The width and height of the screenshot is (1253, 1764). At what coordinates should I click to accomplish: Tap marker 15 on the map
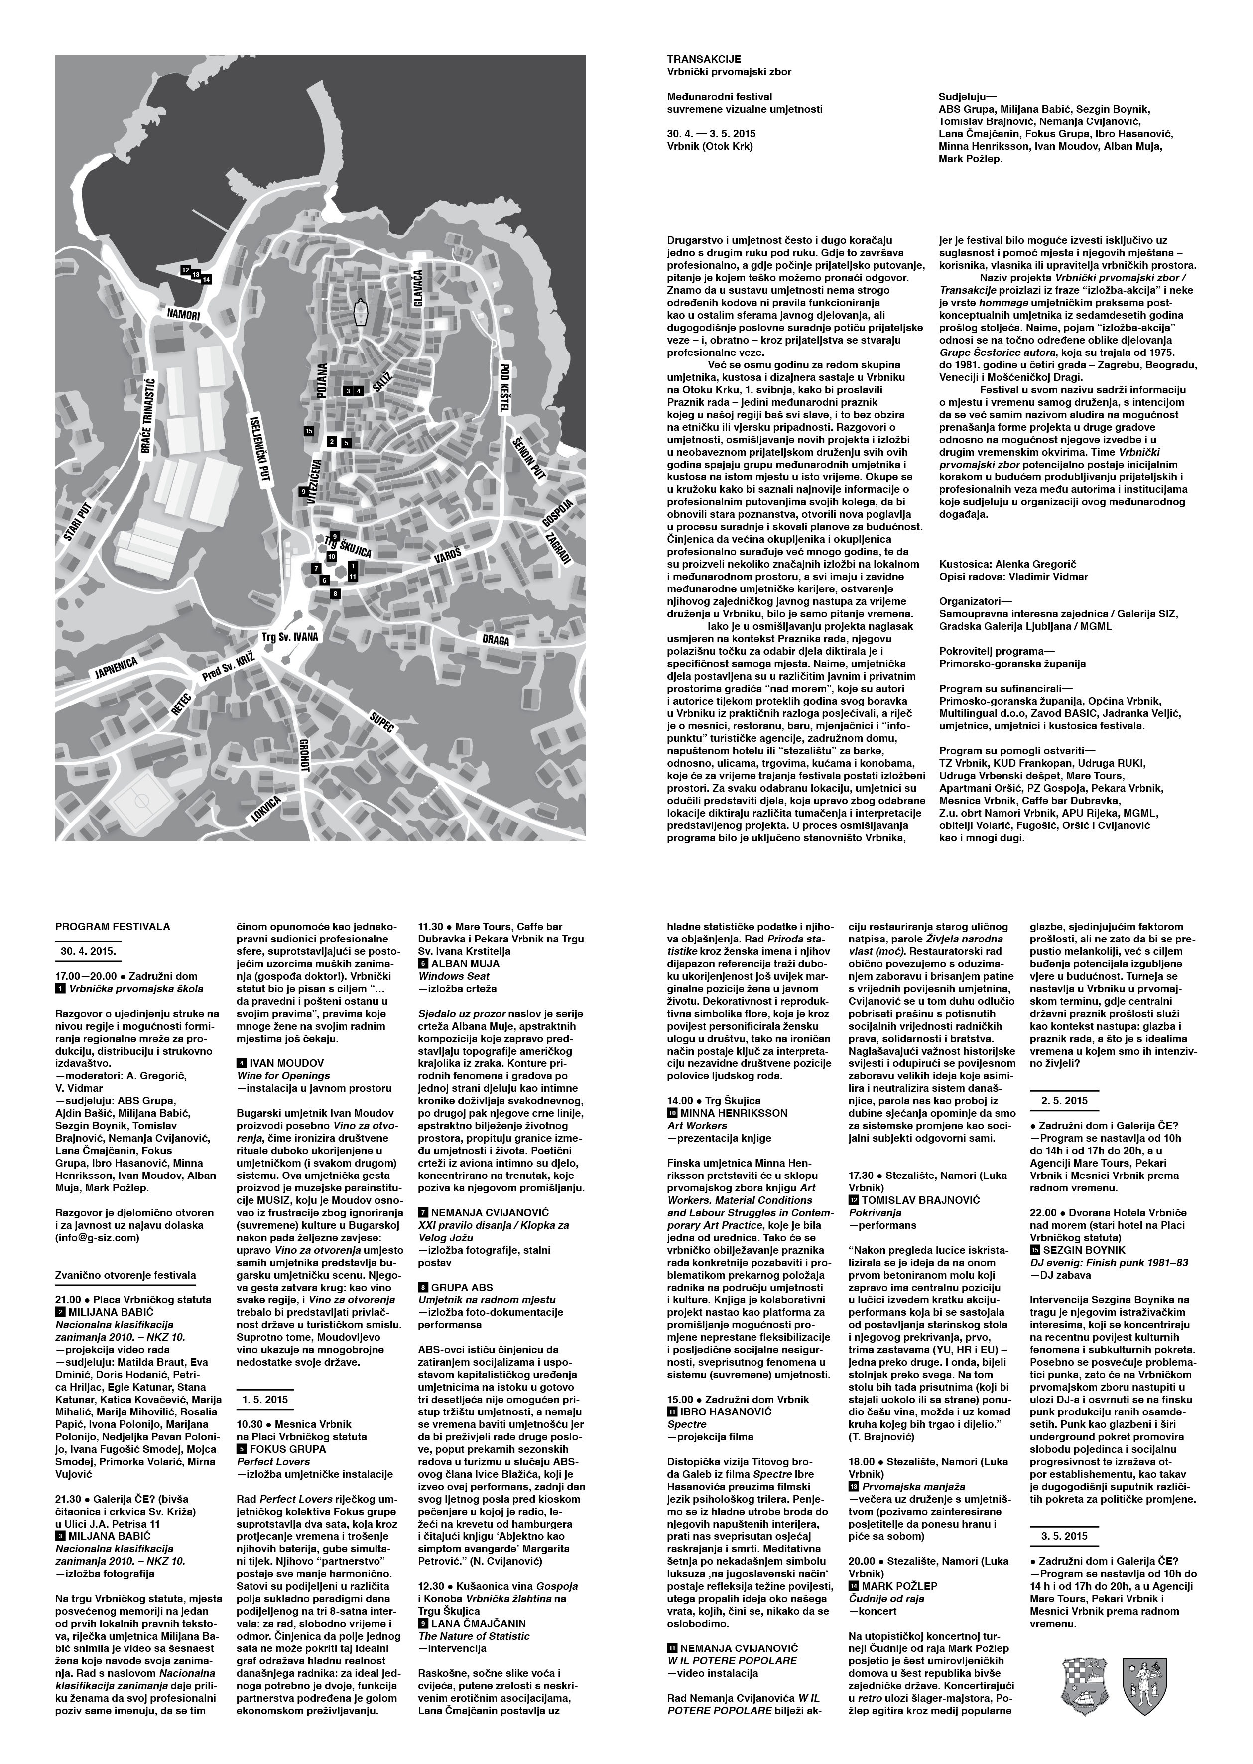[309, 430]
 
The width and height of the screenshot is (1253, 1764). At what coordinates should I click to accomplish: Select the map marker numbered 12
[185, 270]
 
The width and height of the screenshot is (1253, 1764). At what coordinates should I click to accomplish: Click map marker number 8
[335, 594]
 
